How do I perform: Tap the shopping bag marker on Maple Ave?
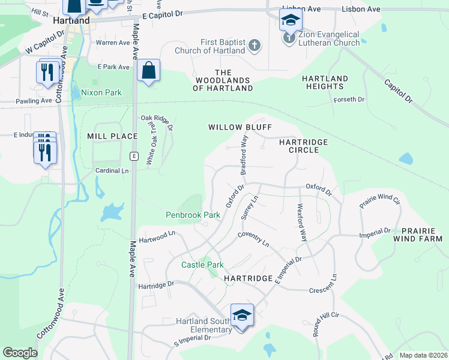[148, 71]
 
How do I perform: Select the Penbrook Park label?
[193, 215]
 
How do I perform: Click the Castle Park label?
[202, 265]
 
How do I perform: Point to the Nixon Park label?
[101, 92]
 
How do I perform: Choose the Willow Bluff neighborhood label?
[240, 127]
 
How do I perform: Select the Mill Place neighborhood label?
[112, 136]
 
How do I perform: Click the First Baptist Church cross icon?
[254, 46]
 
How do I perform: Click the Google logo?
[20, 353]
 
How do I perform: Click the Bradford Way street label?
[244, 155]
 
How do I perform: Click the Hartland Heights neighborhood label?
[325, 83]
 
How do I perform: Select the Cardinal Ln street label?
[112, 171]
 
